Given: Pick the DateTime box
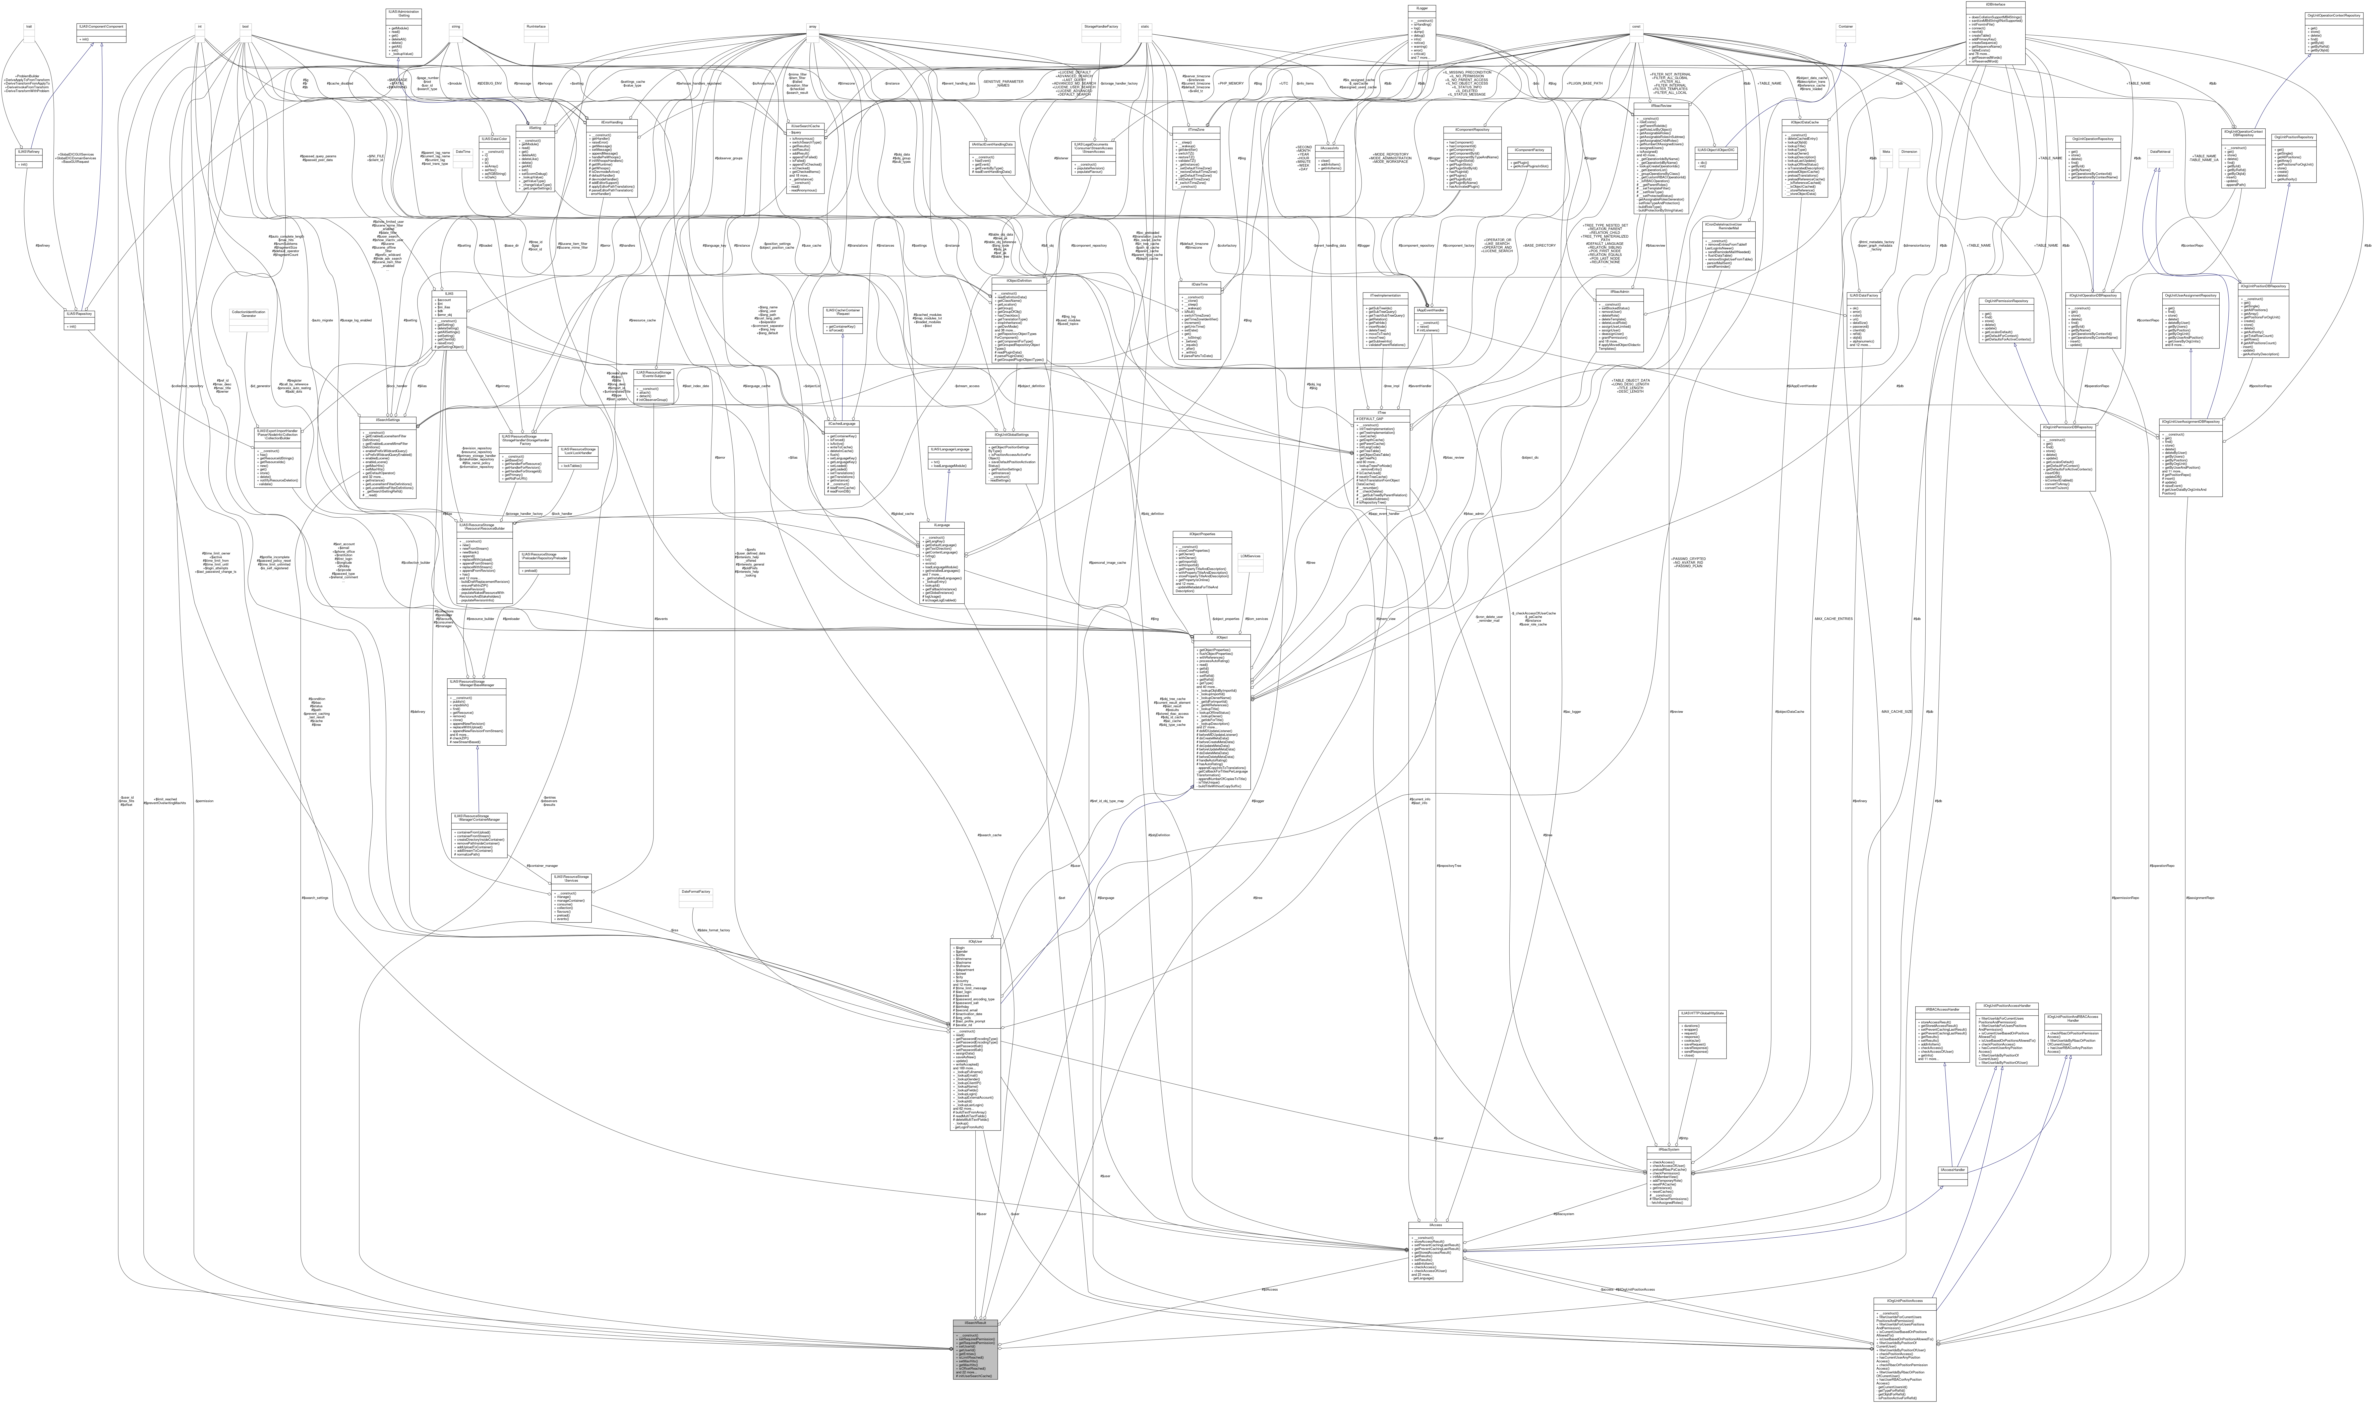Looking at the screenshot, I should tap(463, 151).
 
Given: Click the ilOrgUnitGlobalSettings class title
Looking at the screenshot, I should tap(1011, 435).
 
